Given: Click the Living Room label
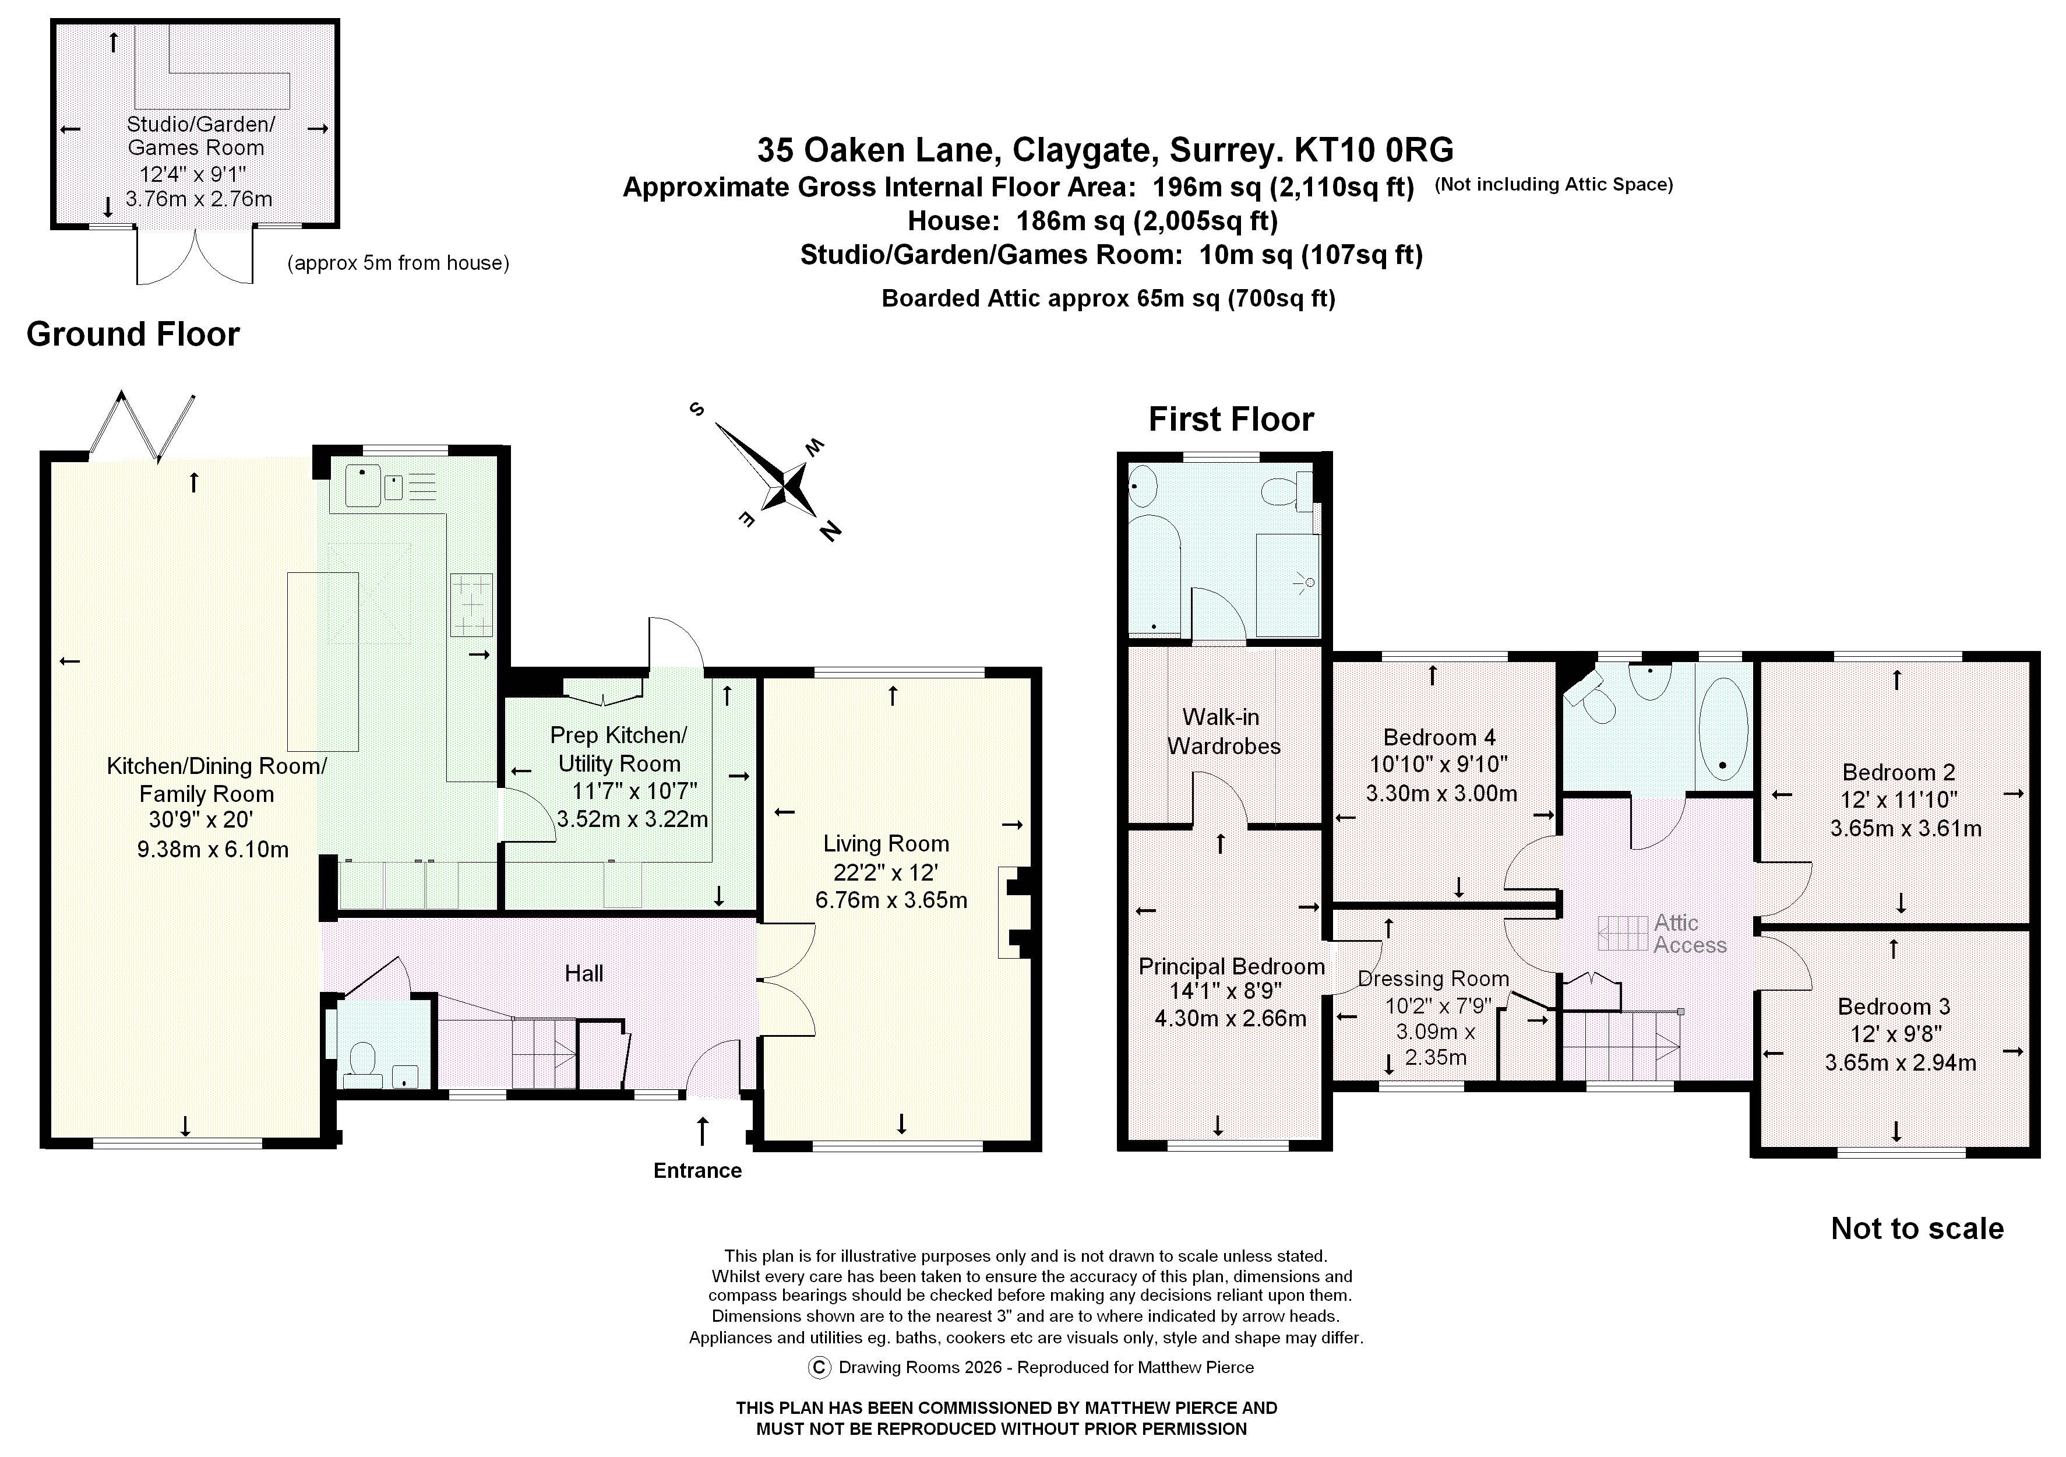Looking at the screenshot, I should pyautogui.click(x=886, y=844).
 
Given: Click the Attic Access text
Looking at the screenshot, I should pyautogui.click(x=1689, y=934).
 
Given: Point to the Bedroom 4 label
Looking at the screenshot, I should pyautogui.click(x=1439, y=738).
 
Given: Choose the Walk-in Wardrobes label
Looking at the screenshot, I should pyautogui.click(x=1223, y=731).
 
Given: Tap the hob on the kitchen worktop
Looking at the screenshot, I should pyautogui.click(x=471, y=606).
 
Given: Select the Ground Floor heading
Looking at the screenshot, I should pyautogui.click(x=133, y=334).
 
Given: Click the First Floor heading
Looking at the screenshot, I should pyautogui.click(x=1231, y=420).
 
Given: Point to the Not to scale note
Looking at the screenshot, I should pyautogui.click(x=1917, y=1229).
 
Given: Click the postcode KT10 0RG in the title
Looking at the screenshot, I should pyautogui.click(x=1373, y=149).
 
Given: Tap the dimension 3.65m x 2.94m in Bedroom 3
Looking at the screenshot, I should pyautogui.click(x=1899, y=1063).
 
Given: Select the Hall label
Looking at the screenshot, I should pyautogui.click(x=584, y=973).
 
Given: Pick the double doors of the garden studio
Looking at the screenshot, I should pyautogui.click(x=195, y=258).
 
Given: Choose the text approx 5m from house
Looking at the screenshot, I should pyautogui.click(x=398, y=263).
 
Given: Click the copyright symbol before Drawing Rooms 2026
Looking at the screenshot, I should pyautogui.click(x=819, y=1368).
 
